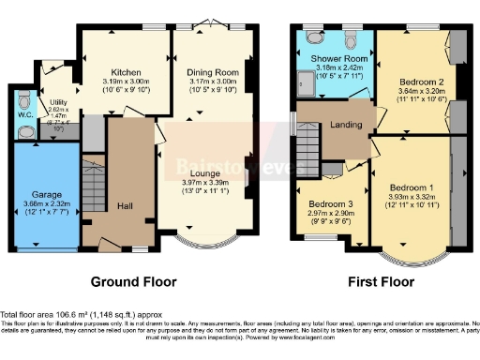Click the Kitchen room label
[x=126, y=72]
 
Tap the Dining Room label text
[x=212, y=72]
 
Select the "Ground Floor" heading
[x=129, y=281]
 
